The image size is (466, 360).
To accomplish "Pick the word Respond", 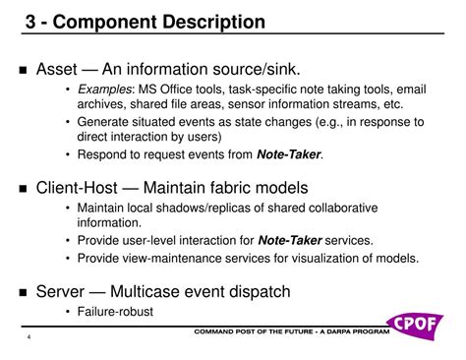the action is [104, 153].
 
